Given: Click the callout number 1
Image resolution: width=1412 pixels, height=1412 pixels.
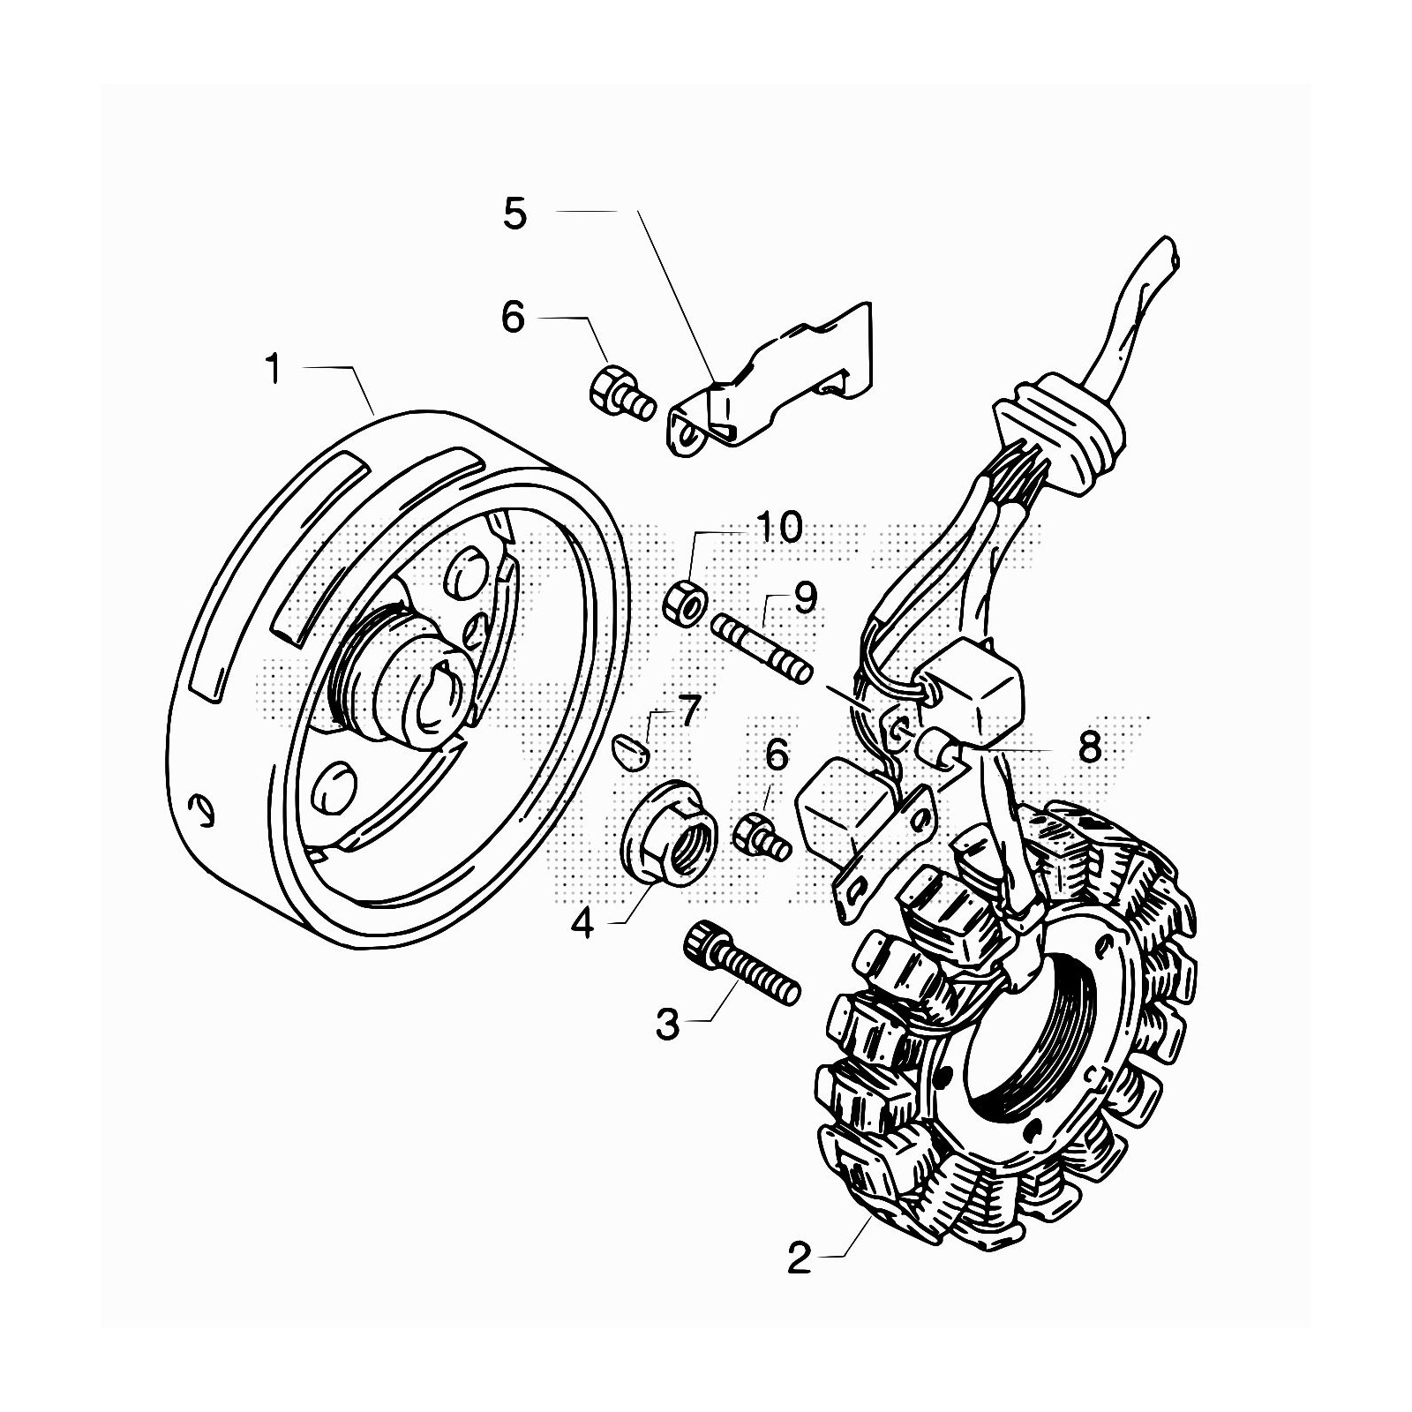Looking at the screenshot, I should click(274, 369).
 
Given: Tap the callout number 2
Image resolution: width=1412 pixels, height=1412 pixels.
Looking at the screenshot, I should click(799, 1258).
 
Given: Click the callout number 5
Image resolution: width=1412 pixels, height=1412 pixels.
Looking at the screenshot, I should click(514, 214).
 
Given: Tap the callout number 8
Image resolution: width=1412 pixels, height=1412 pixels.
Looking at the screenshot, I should click(1090, 747).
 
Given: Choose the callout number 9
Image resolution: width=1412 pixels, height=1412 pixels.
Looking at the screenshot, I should click(804, 597).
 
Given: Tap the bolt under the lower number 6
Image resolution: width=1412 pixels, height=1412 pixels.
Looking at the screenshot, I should click(760, 836).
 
